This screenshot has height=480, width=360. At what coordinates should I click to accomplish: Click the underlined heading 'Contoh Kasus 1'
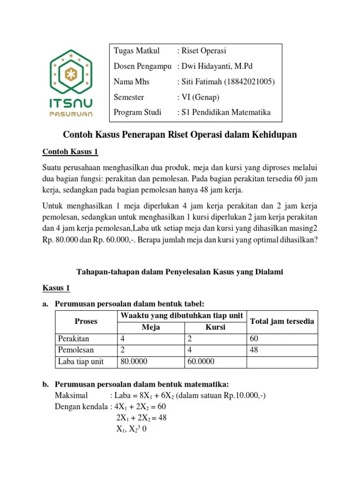pos(71,151)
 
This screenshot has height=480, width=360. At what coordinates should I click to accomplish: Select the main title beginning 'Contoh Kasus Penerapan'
pos(180,135)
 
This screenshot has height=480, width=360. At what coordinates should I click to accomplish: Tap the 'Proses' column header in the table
pos(86,321)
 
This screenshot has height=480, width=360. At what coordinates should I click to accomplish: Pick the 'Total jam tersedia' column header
pos(282,321)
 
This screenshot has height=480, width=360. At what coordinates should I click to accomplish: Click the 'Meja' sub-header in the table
pos(150,327)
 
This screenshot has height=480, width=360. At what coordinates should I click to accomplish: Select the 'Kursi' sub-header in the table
pos(215,327)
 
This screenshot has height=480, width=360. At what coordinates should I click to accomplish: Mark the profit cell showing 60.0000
pos(202,362)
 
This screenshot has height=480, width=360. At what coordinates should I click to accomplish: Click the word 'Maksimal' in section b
pos(71,396)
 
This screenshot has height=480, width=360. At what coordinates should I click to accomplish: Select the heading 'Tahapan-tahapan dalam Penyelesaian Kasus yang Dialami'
pos(180,271)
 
